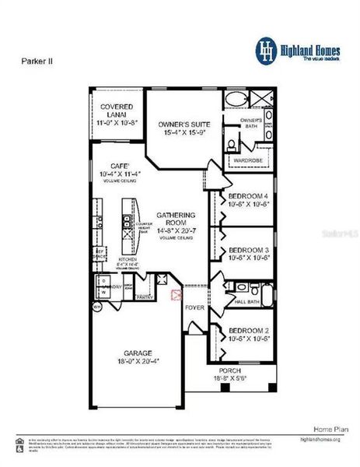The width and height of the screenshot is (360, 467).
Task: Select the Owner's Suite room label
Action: (184, 124)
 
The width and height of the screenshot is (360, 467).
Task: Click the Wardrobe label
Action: (246, 161)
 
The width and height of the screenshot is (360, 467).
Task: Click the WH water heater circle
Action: (98, 307)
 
